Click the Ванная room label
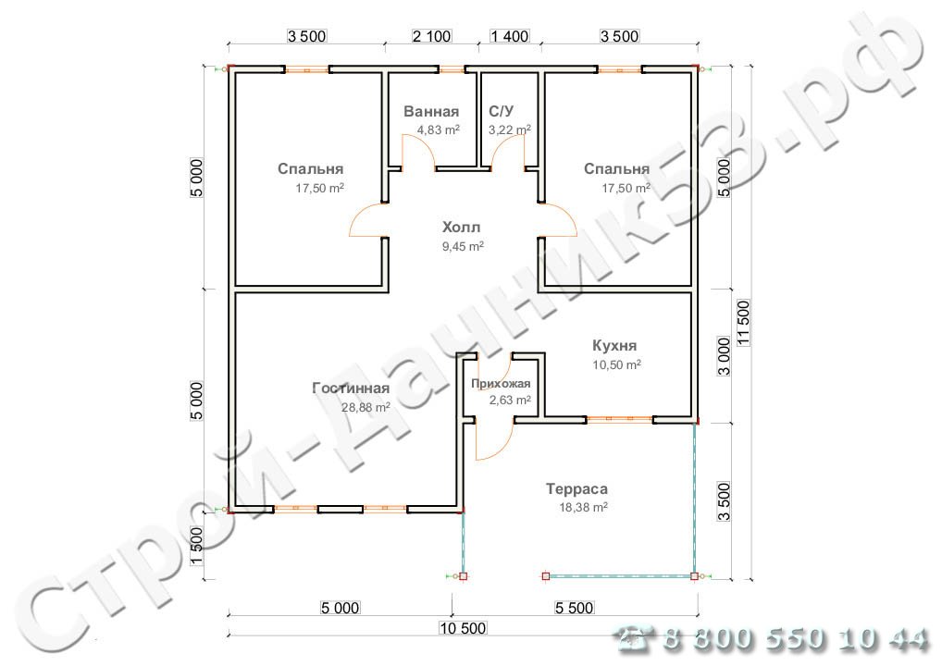coord(431,112)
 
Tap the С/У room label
coord(501,112)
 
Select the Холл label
coord(461,228)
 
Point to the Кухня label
coord(614,346)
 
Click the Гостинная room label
coord(351,388)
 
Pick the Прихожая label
coord(501,384)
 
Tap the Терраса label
coord(576,489)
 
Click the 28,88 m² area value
coord(366,408)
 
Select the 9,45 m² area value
coord(463,246)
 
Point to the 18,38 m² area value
coord(583,508)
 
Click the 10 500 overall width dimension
coord(463,628)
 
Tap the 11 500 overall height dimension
coord(744,323)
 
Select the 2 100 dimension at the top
coord(431,36)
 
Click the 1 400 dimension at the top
coord(510,36)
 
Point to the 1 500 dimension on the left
coord(196,546)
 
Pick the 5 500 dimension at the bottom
coord(574,609)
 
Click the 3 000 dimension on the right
coord(725,356)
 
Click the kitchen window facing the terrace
coord(619,420)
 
